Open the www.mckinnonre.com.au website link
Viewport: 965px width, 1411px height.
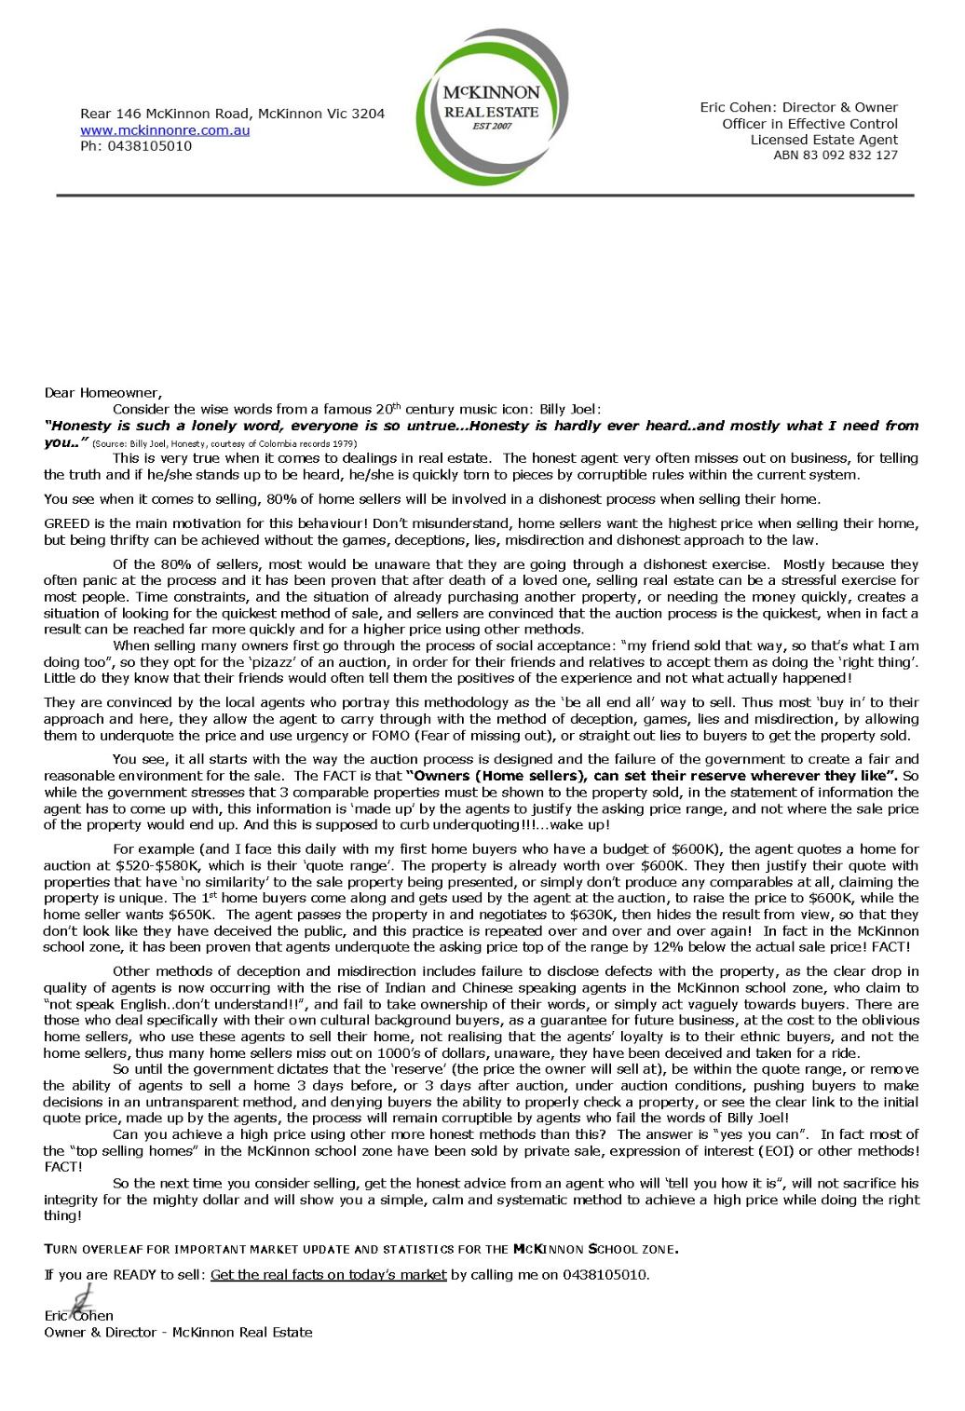pos(165,130)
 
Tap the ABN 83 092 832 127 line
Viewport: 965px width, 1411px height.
pos(835,156)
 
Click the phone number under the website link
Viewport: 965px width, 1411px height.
pos(136,146)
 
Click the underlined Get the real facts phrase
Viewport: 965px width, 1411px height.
pos(329,1275)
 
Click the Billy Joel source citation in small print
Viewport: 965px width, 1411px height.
pos(224,444)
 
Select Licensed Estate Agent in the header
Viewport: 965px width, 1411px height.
pos(823,140)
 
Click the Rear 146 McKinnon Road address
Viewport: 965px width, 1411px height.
pos(232,114)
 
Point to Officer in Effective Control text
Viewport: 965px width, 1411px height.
pos(809,124)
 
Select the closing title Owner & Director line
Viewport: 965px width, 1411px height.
pos(178,1332)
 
